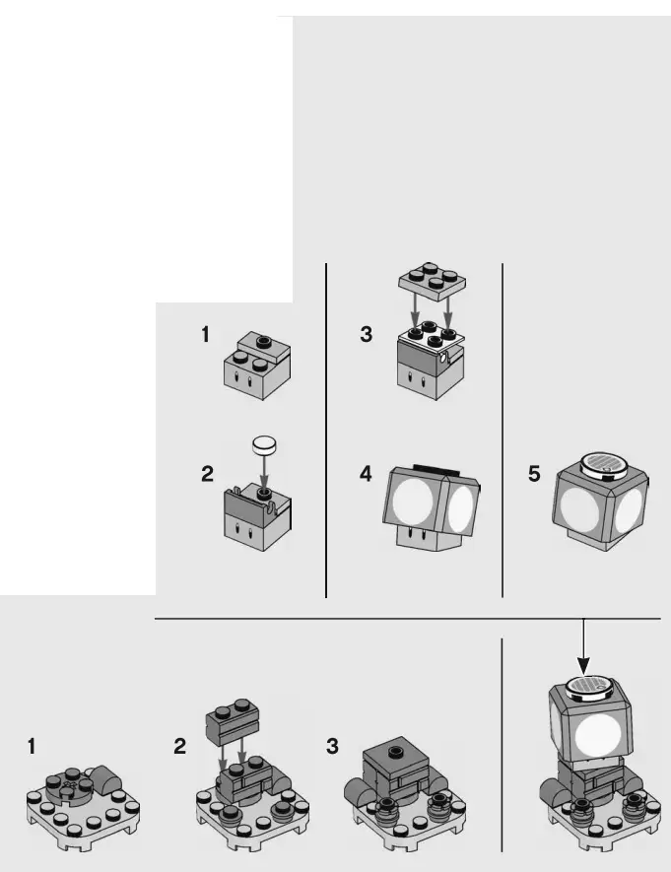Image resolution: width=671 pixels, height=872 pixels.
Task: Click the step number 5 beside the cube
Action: pos(534,474)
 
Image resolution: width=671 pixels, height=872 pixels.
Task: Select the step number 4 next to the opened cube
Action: pos(367,474)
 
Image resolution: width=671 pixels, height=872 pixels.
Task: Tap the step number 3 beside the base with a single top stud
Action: pos(332,747)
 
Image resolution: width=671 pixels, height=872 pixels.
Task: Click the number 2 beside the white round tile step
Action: pos(207,474)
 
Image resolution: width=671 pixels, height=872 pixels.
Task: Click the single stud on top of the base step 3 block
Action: pos(395,751)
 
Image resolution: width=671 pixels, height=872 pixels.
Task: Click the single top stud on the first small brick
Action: pos(265,339)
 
